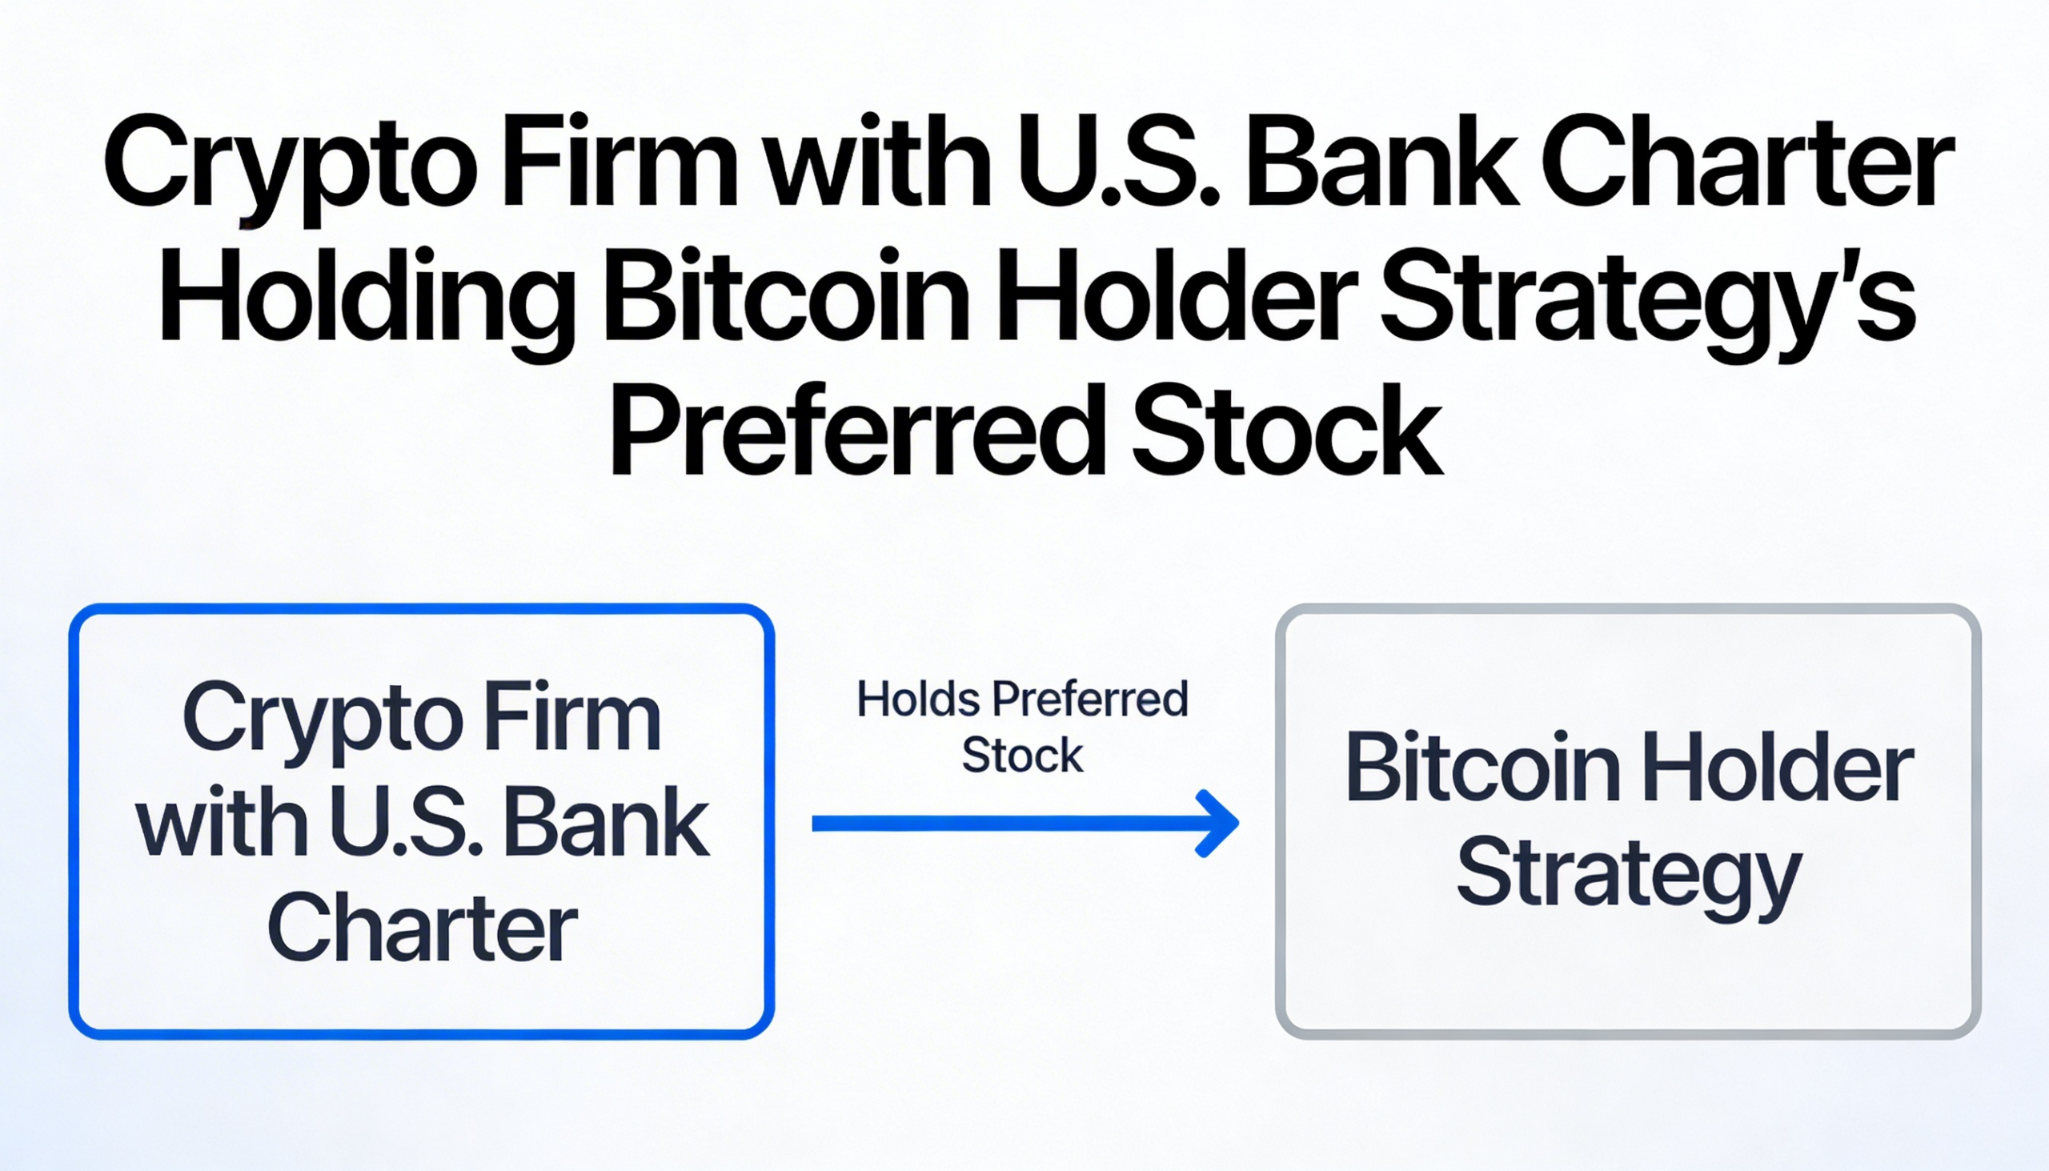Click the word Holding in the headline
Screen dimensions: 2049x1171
click(367, 304)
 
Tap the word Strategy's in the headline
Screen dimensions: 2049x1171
click(1648, 304)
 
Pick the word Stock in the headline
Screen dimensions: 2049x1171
click(1288, 431)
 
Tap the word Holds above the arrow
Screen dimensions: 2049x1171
click(918, 698)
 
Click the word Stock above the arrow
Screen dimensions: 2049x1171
click(1022, 756)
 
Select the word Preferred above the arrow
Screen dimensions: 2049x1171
click(1089, 699)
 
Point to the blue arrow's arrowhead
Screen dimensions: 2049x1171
click(1218, 823)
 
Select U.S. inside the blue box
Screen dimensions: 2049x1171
click(407, 822)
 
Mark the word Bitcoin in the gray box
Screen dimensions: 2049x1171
click(1483, 768)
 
